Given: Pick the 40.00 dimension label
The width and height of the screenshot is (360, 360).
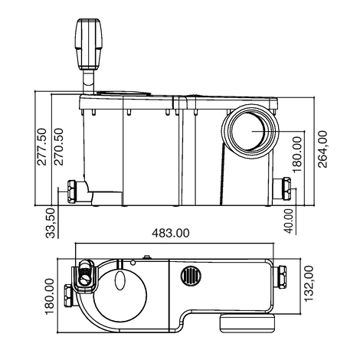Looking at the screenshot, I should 289,219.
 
